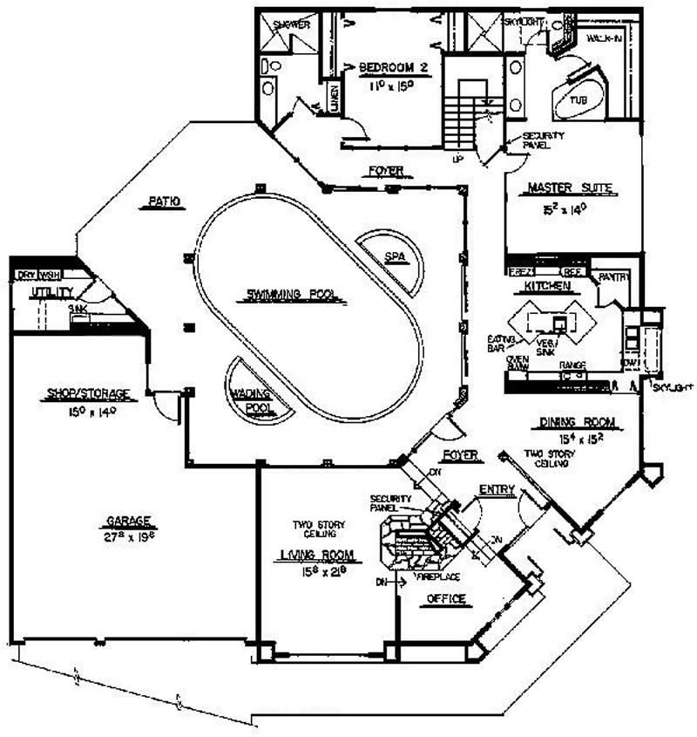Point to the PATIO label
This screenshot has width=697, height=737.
163,202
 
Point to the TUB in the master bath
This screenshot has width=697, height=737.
579,100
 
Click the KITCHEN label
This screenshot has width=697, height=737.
547,286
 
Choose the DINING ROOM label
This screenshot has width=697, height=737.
576,423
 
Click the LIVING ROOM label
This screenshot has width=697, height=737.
316,554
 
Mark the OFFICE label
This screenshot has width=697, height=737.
446,598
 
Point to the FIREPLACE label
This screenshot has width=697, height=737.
437,577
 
